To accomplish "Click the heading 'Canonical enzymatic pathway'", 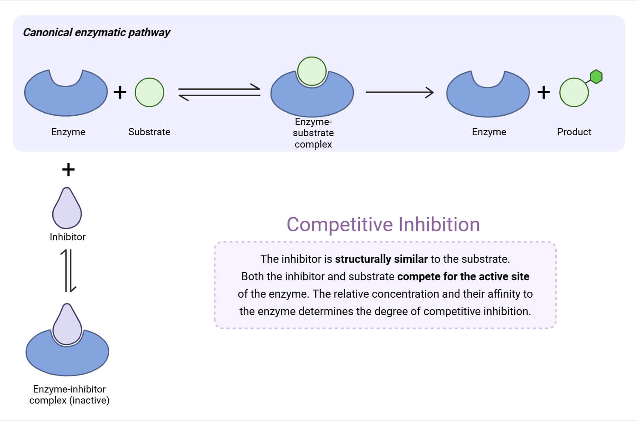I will pyautogui.click(x=97, y=32).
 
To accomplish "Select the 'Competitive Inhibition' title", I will pyautogui.click(x=383, y=225).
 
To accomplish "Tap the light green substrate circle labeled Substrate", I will pyautogui.click(x=149, y=92).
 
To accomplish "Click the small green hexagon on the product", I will pyautogui.click(x=596, y=77).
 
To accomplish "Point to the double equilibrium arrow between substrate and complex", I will pyautogui.click(x=219, y=92).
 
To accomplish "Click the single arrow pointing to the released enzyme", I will pyautogui.click(x=399, y=92).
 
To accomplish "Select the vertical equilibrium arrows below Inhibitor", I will pyautogui.click(x=68, y=270).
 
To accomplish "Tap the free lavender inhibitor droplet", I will pyautogui.click(x=67, y=210).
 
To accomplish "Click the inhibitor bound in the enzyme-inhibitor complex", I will pyautogui.click(x=67, y=325).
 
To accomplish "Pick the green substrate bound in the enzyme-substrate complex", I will pyautogui.click(x=312, y=71).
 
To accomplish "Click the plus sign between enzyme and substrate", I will pyautogui.click(x=120, y=92).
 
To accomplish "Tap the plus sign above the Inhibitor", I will pyautogui.click(x=68, y=170).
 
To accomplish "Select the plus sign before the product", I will pyautogui.click(x=544, y=92).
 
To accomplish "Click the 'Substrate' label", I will pyautogui.click(x=149, y=132).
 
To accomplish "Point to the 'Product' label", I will pyautogui.click(x=574, y=132).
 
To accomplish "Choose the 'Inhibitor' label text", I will pyautogui.click(x=68, y=237).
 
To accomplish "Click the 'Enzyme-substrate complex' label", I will pyautogui.click(x=313, y=133).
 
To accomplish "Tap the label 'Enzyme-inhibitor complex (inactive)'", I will pyautogui.click(x=69, y=395).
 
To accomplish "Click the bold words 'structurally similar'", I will pyautogui.click(x=381, y=259).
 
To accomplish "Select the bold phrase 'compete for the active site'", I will pyautogui.click(x=463, y=276).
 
